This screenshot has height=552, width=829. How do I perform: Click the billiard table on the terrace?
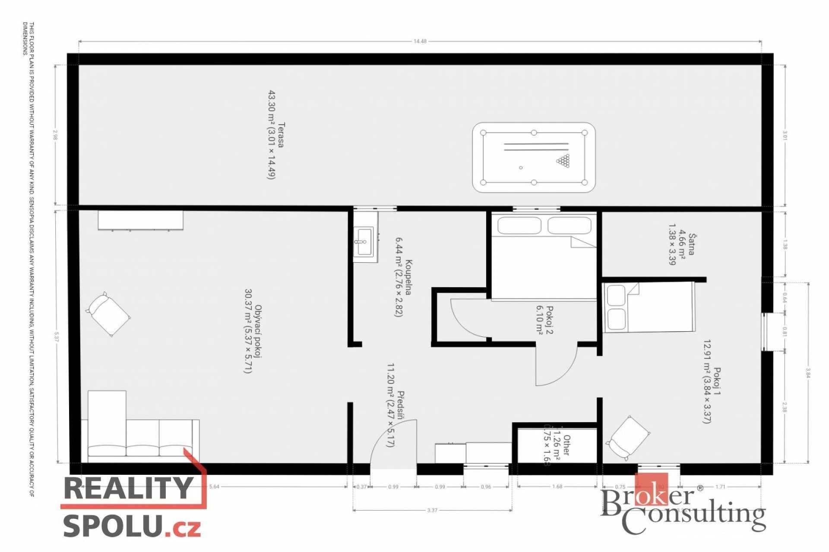click(534, 157)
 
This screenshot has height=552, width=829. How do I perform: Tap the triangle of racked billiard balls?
click(563, 161)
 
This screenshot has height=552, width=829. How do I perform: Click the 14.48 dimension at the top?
click(420, 41)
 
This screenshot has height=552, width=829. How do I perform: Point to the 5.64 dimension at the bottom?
click(214, 487)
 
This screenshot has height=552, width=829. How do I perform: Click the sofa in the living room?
click(142, 436)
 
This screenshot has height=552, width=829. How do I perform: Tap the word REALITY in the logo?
click(128, 488)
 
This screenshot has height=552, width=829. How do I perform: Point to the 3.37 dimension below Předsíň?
click(432, 510)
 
